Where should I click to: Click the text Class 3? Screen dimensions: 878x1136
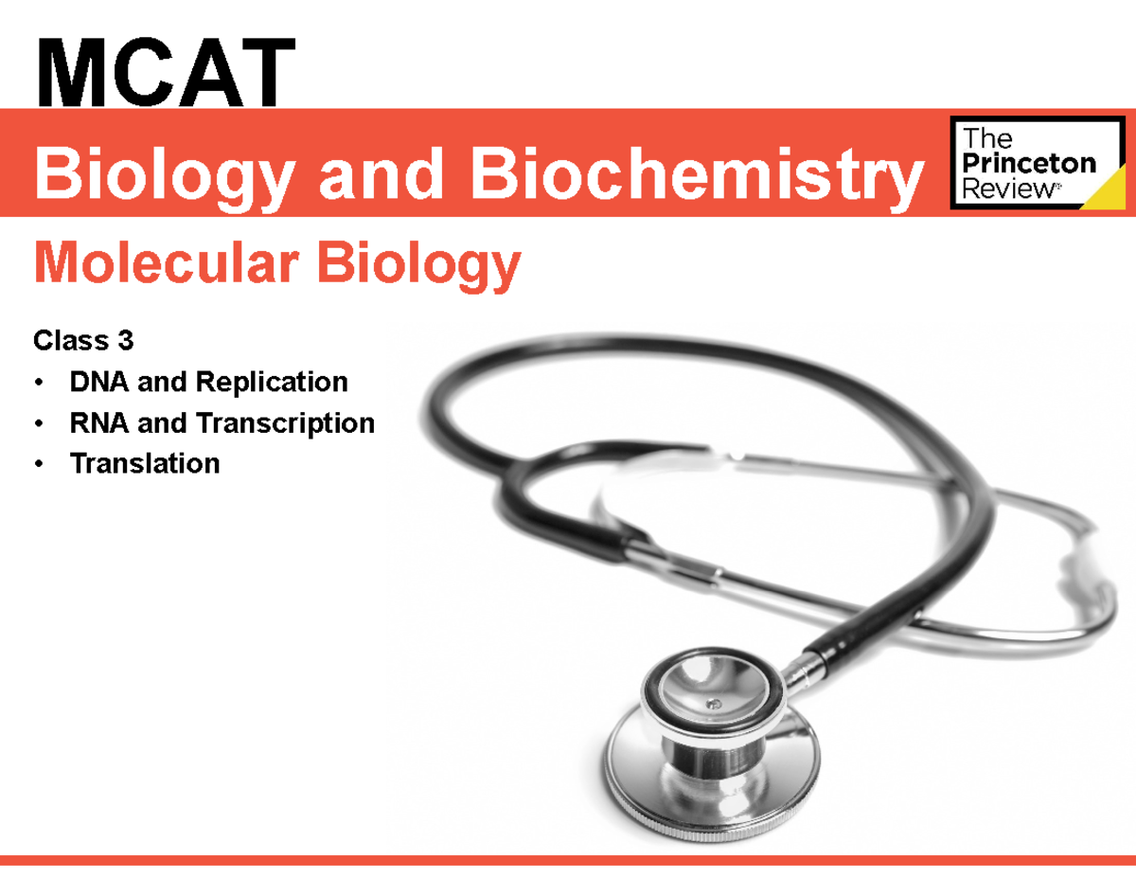82,339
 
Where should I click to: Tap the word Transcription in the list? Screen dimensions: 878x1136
285,422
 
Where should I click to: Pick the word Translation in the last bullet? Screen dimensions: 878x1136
144,463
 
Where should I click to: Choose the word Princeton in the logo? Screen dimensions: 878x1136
1028,163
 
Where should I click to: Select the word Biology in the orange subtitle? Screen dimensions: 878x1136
418,264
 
